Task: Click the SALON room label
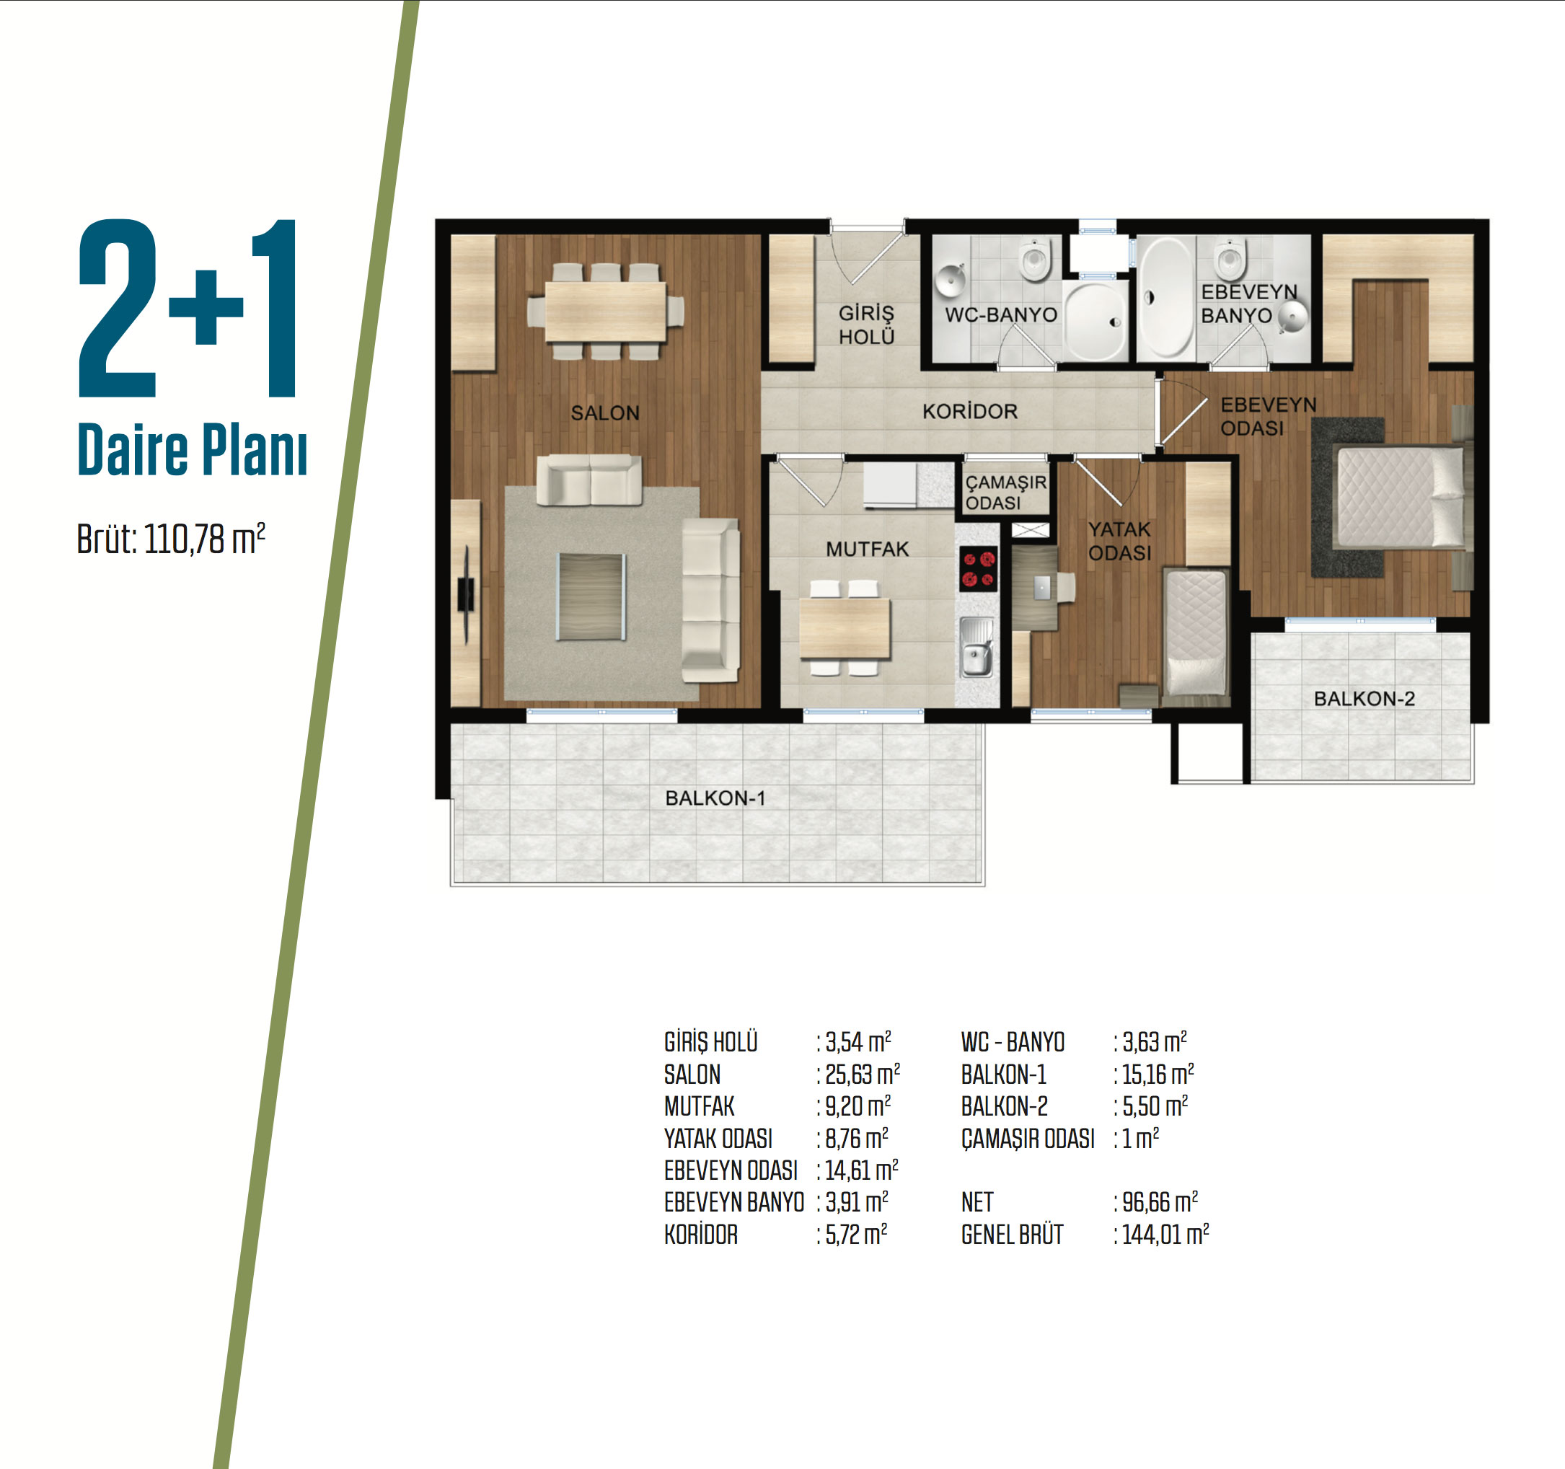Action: (604, 413)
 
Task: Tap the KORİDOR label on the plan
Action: (970, 411)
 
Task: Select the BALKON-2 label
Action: (1365, 698)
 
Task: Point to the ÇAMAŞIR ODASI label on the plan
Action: (1006, 492)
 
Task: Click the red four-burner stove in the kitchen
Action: (979, 568)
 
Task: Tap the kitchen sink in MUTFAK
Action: (977, 647)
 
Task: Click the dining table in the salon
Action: (605, 312)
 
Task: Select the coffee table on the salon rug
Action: (591, 596)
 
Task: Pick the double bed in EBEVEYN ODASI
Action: (1401, 498)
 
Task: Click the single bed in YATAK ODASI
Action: (1196, 632)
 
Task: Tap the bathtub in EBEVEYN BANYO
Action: (1167, 297)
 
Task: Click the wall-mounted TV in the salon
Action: (466, 594)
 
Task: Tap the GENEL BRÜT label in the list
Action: (1012, 1235)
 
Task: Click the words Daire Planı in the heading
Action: (192, 449)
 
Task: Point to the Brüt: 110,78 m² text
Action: (171, 539)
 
